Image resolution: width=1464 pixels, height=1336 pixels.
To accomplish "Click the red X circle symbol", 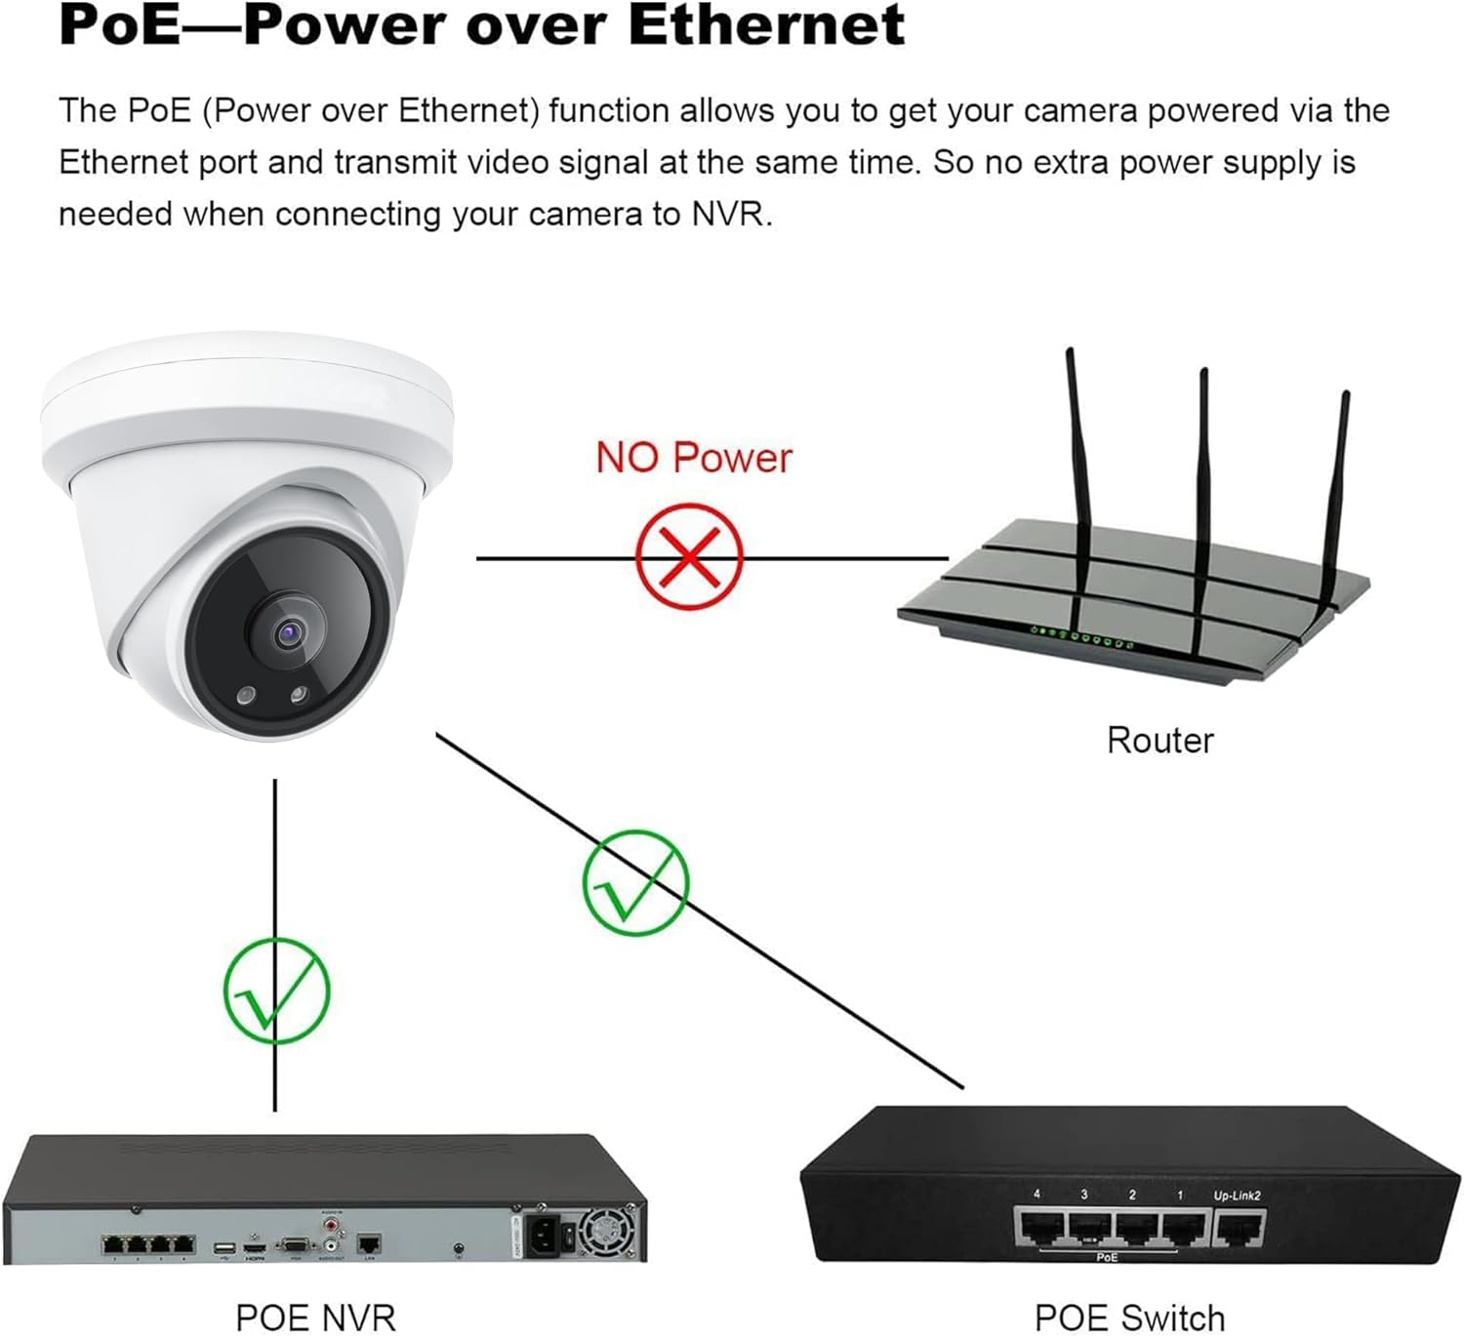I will [x=689, y=557].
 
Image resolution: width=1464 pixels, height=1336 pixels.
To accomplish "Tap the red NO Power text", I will [x=694, y=458].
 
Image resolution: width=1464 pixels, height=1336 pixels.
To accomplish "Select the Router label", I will [x=1159, y=741].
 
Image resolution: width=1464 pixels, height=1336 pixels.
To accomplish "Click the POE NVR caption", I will [x=316, y=1317].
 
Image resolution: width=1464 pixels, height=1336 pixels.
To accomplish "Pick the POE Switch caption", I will [x=1129, y=1317].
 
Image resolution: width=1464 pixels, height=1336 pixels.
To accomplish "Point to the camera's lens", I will [x=289, y=634].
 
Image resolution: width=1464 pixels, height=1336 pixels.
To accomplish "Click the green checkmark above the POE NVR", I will [x=276, y=991].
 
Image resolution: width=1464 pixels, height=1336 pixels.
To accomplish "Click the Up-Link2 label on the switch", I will [x=1237, y=1195].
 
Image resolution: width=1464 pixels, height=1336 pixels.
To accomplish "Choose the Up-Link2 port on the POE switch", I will [x=1240, y=1228].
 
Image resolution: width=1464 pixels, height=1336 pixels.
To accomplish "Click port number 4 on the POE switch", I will [x=1039, y=1228].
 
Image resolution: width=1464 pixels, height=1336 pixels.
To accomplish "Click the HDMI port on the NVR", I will [x=255, y=1247].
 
